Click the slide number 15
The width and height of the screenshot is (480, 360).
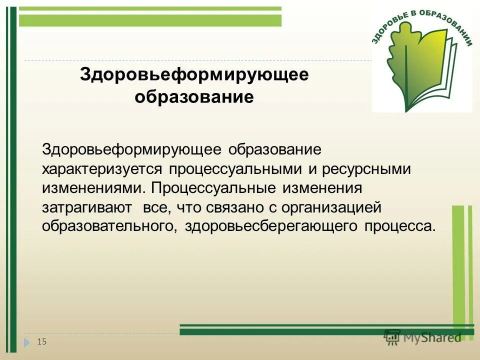[41, 341]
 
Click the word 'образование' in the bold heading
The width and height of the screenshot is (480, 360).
[194, 96]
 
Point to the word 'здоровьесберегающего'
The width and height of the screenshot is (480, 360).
[271, 225]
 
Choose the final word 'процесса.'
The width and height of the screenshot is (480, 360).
[399, 225]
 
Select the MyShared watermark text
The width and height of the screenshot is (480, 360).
[432, 337]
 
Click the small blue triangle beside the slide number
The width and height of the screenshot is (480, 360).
[27, 342]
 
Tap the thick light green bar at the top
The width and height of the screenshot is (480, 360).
[150, 20]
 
